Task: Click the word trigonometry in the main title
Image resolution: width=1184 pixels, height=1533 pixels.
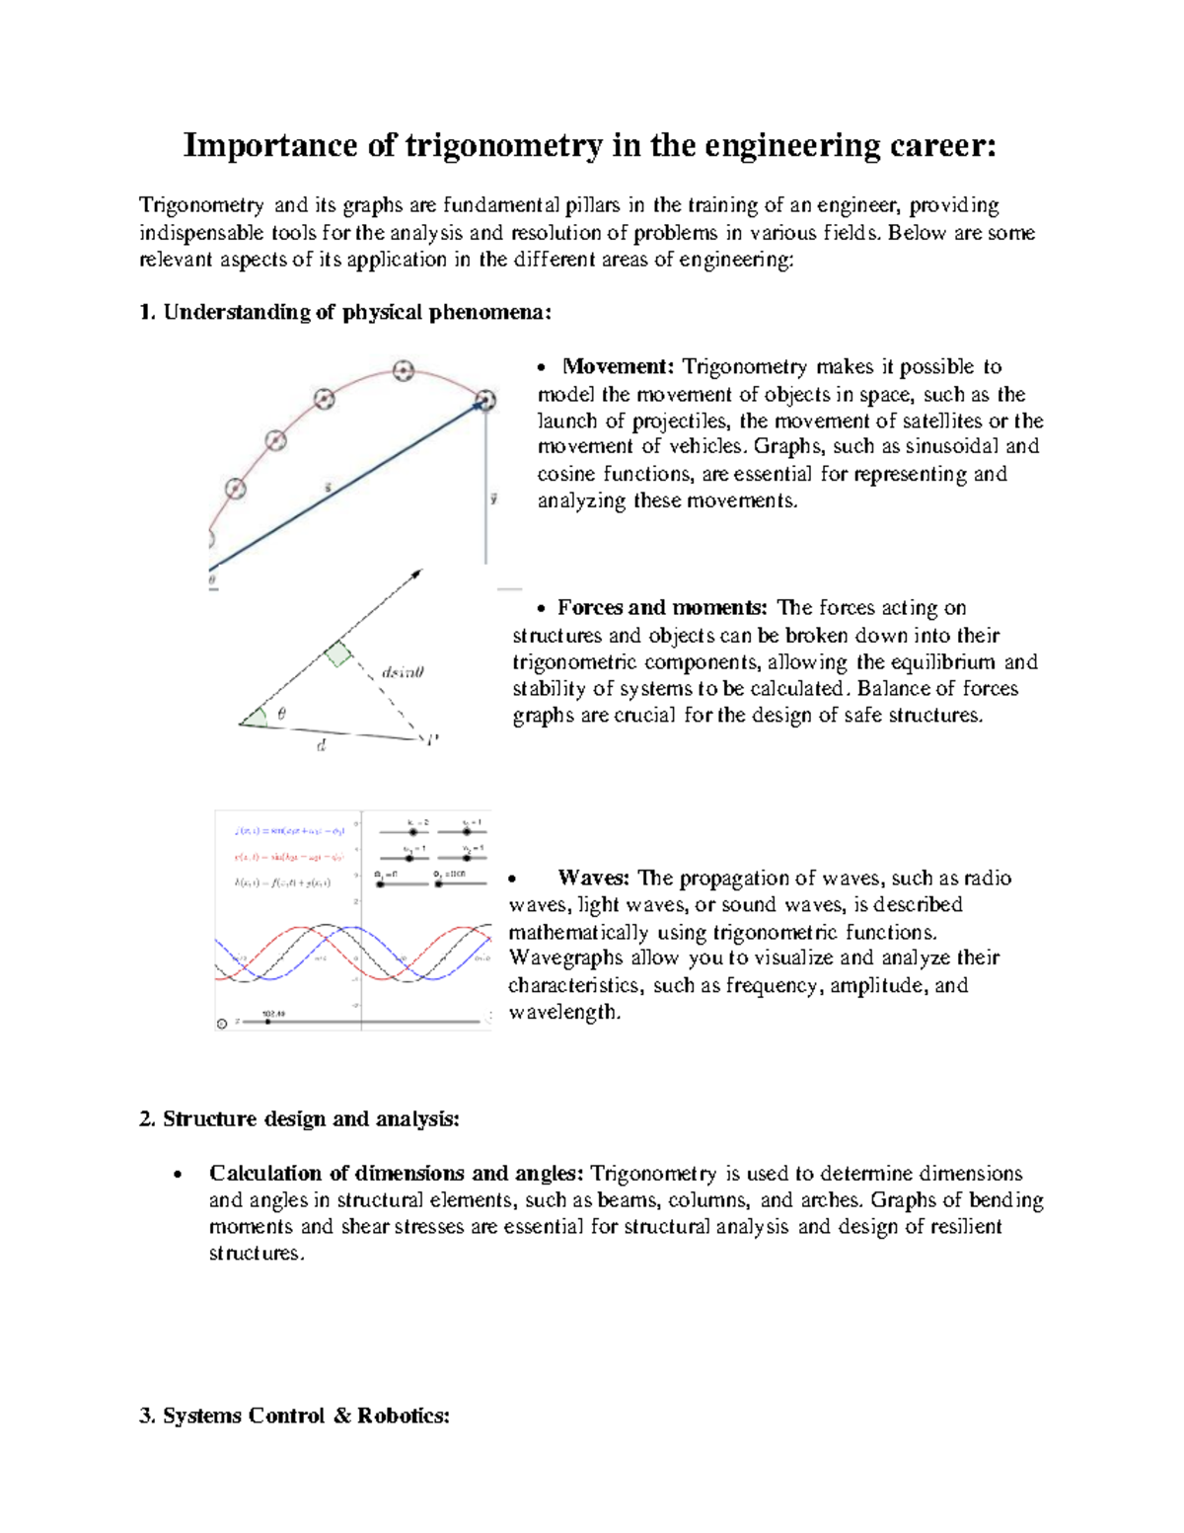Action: tap(503, 146)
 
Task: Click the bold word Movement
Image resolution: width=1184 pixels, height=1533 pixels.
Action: tap(618, 367)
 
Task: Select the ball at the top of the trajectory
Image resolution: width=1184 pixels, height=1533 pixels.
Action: tap(403, 371)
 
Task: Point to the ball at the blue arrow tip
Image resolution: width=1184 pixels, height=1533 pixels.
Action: tap(484, 400)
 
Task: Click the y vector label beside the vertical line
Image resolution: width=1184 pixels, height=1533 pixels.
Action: tap(493, 498)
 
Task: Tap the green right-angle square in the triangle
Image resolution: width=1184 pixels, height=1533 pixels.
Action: tap(338, 653)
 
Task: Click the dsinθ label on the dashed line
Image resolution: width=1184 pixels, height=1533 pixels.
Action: tap(403, 672)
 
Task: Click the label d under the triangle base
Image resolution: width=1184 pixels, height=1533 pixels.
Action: tap(321, 747)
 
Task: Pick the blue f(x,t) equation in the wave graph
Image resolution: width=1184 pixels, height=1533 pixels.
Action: tap(288, 831)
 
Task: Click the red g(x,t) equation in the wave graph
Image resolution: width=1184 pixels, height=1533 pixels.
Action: tap(288, 857)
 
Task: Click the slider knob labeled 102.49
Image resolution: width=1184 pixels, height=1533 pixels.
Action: tap(267, 1022)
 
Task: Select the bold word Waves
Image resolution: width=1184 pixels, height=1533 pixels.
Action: tap(592, 879)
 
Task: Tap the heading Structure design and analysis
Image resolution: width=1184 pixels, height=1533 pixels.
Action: tap(311, 1119)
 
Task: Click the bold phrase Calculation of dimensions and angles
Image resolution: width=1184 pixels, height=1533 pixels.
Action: tap(396, 1174)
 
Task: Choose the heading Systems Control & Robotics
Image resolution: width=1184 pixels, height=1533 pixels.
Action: tap(306, 1417)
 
